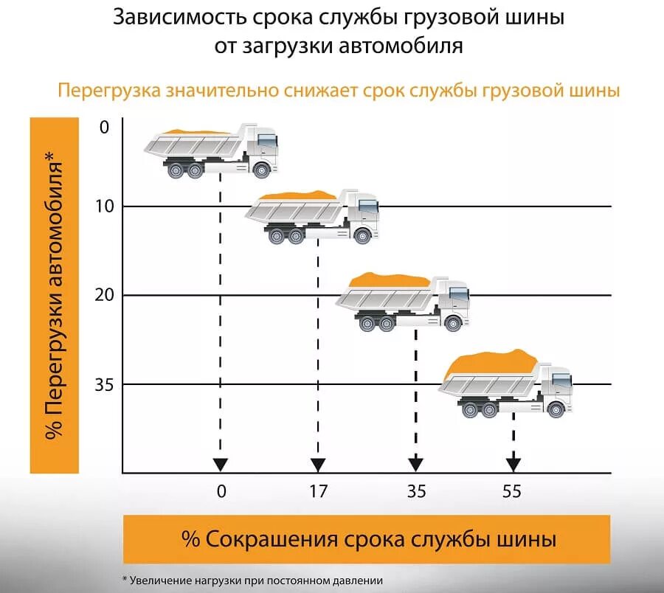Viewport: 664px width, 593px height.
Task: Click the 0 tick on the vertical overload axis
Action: point(103,127)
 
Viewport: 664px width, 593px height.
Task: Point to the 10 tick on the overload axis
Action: point(104,206)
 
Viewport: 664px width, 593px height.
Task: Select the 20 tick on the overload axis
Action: point(104,295)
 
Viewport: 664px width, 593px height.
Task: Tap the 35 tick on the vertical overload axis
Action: point(104,384)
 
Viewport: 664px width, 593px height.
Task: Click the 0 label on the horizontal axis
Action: point(221,491)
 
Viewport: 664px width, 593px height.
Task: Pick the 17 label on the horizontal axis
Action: point(318,491)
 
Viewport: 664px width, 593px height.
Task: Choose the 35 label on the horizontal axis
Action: point(416,491)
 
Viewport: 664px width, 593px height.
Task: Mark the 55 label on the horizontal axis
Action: point(511,491)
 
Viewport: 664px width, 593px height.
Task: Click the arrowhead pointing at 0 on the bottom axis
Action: point(220,465)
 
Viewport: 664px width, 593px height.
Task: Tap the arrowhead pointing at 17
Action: point(318,465)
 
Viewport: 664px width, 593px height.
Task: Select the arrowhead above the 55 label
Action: point(513,465)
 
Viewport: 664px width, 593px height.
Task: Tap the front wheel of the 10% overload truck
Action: point(362,236)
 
